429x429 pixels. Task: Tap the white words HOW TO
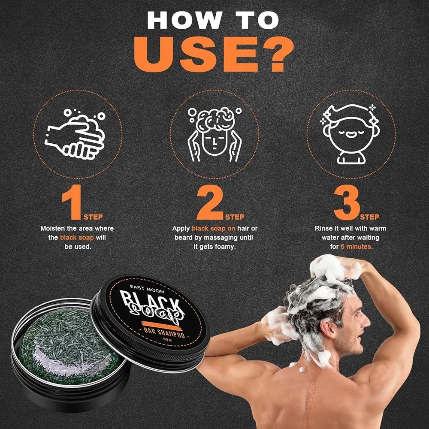point(213,20)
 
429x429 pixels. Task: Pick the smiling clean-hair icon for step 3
point(350,134)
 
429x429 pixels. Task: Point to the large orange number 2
point(210,202)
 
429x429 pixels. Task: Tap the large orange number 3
point(346,202)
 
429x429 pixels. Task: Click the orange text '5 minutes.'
point(356,247)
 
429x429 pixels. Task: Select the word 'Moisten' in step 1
point(53,228)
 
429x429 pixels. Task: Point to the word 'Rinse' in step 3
point(323,228)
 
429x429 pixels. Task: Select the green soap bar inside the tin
point(71,346)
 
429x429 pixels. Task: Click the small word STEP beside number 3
point(370,217)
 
